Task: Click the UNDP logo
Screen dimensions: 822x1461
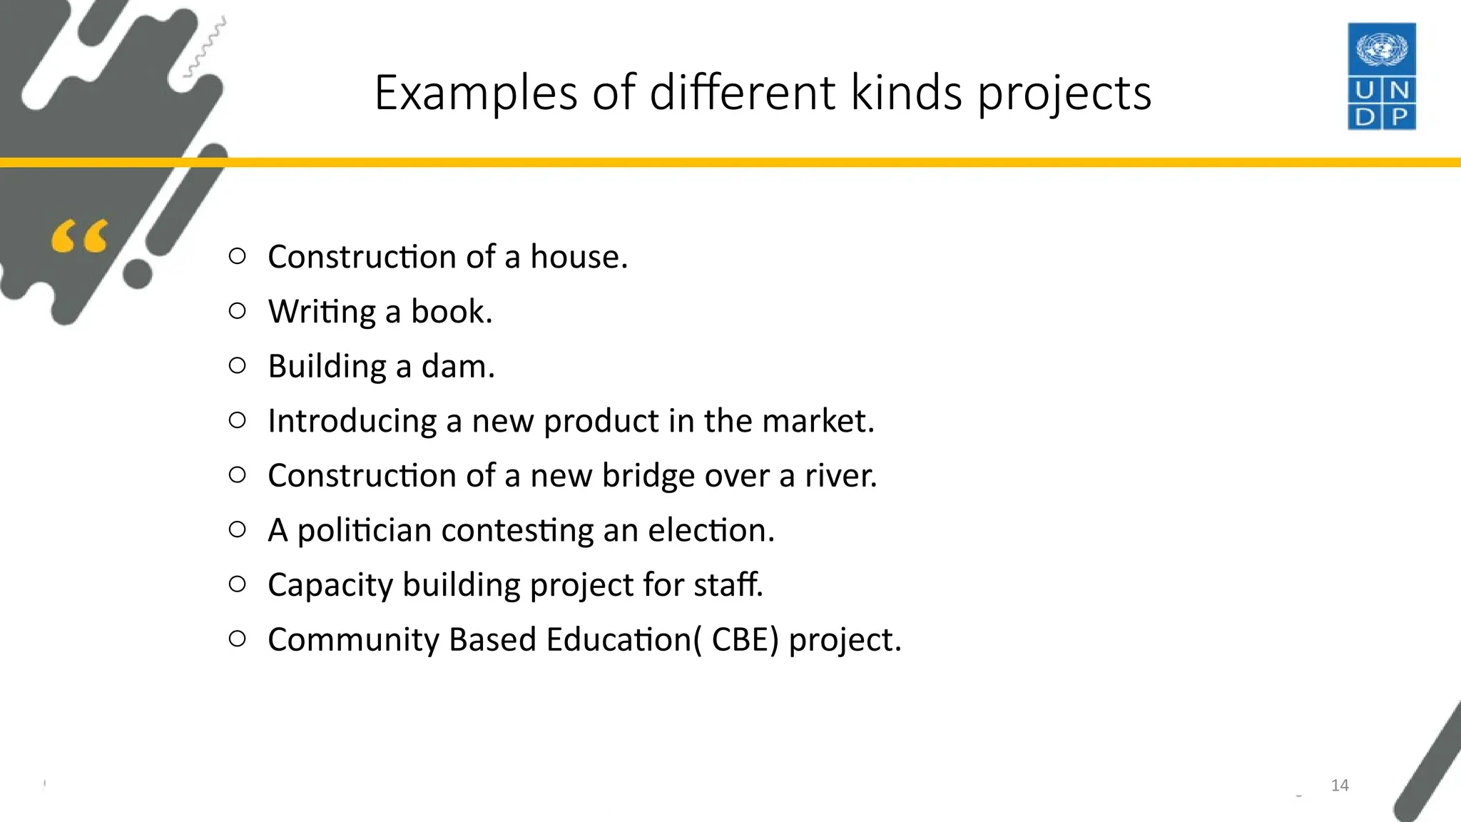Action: click(1381, 76)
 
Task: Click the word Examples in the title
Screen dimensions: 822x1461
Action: click(475, 93)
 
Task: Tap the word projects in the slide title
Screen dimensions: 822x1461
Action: click(1064, 94)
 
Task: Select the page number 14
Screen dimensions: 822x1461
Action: click(1340, 786)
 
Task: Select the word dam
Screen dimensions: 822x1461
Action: click(457, 367)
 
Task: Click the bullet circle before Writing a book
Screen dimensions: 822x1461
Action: click(238, 310)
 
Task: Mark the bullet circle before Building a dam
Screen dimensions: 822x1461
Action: click(238, 365)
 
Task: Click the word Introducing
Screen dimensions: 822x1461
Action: click(352, 422)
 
